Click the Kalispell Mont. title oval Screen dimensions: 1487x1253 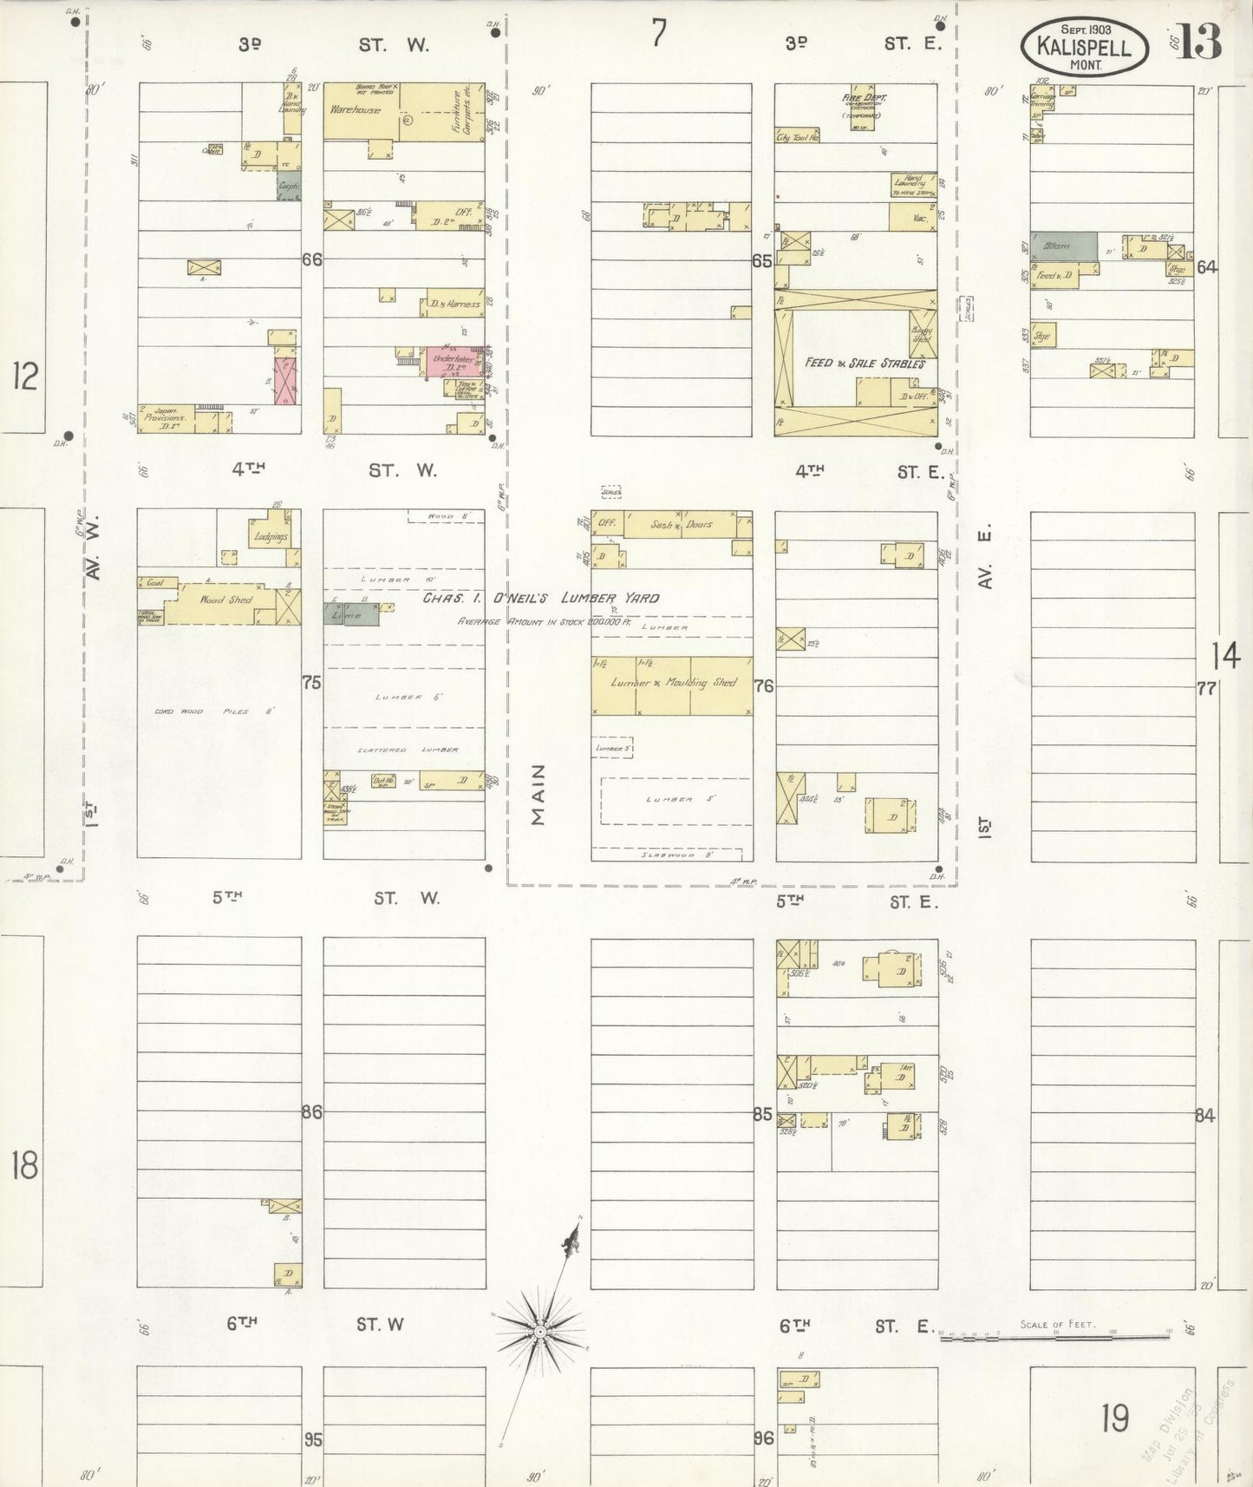pos(1085,46)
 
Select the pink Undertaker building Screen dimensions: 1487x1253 pos(454,362)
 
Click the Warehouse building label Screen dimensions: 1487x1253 pos(355,110)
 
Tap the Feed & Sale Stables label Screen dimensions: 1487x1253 pos(864,363)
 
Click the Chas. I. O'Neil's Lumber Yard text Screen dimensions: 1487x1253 pos(540,598)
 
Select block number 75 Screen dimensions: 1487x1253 pos(311,683)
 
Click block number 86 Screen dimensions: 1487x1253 pos(311,1112)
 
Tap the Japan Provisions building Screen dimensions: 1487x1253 pos(165,418)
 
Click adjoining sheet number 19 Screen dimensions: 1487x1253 pos(1115,1418)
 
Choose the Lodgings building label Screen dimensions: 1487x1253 pos(271,537)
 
